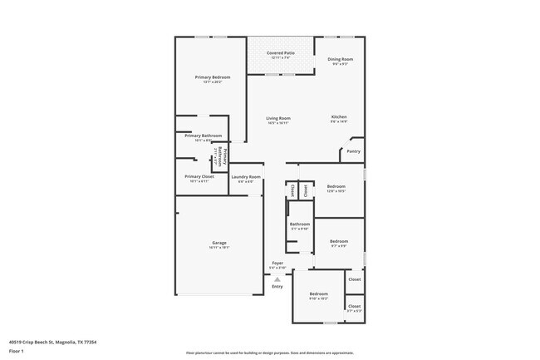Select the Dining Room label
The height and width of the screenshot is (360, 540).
[x=340, y=59]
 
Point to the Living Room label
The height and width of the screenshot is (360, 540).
[x=278, y=118]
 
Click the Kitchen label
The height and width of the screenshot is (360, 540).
[x=339, y=116]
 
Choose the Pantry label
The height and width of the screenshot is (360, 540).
[x=353, y=151]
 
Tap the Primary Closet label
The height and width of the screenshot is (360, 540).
[x=199, y=176]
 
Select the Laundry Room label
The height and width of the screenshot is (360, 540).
[x=246, y=176]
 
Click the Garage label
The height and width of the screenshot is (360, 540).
[x=218, y=243]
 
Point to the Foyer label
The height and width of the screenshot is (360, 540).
[x=277, y=264]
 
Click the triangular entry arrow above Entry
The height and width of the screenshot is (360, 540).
[x=277, y=279]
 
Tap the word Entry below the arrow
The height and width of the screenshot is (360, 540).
[x=277, y=287]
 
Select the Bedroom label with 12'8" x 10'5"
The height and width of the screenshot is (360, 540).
[x=336, y=186]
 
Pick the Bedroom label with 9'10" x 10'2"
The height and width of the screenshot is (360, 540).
[x=319, y=294]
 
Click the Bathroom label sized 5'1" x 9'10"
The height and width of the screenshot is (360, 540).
[x=300, y=224]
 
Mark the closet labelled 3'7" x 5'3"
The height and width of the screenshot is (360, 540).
[x=355, y=306]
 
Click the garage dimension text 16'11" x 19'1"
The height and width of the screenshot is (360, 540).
[x=218, y=248]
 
